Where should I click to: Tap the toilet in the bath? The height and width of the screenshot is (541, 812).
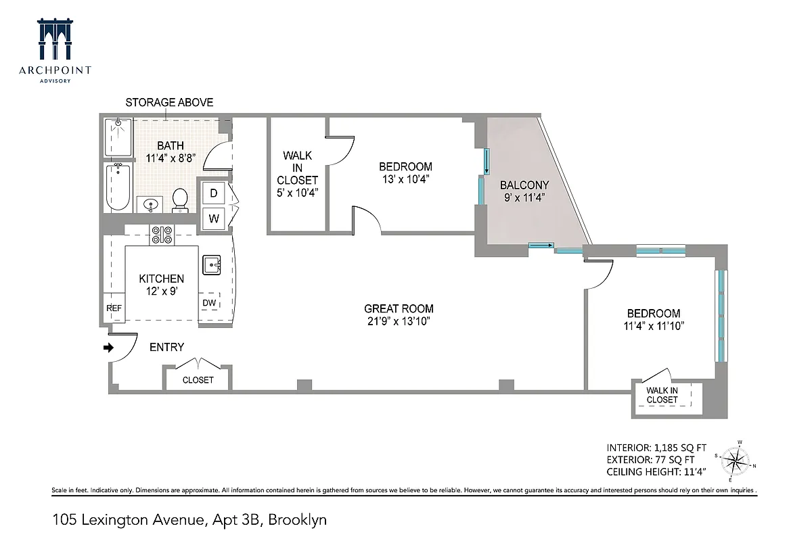pyautogui.click(x=180, y=199)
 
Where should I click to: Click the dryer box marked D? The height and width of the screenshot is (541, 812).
pyautogui.click(x=213, y=193)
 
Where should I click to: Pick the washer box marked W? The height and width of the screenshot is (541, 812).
pyautogui.click(x=213, y=218)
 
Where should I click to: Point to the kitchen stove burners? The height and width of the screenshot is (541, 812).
pyautogui.click(x=162, y=235)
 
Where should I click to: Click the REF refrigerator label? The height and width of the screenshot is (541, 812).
pyautogui.click(x=114, y=308)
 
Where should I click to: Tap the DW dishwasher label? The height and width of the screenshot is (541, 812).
pyautogui.click(x=209, y=303)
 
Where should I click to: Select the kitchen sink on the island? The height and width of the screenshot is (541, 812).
pyautogui.click(x=211, y=264)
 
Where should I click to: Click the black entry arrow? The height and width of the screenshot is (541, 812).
pyautogui.click(x=108, y=348)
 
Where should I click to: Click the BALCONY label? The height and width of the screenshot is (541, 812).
pyautogui.click(x=524, y=185)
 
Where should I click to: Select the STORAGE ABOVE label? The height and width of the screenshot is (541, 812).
pyautogui.click(x=169, y=103)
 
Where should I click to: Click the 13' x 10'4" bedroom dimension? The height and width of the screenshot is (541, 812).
pyautogui.click(x=405, y=179)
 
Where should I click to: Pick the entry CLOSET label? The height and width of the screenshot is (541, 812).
pyautogui.click(x=198, y=380)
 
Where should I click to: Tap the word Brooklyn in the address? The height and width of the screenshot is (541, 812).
pyautogui.click(x=298, y=520)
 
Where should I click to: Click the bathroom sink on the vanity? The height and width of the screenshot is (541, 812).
pyautogui.click(x=150, y=203)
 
